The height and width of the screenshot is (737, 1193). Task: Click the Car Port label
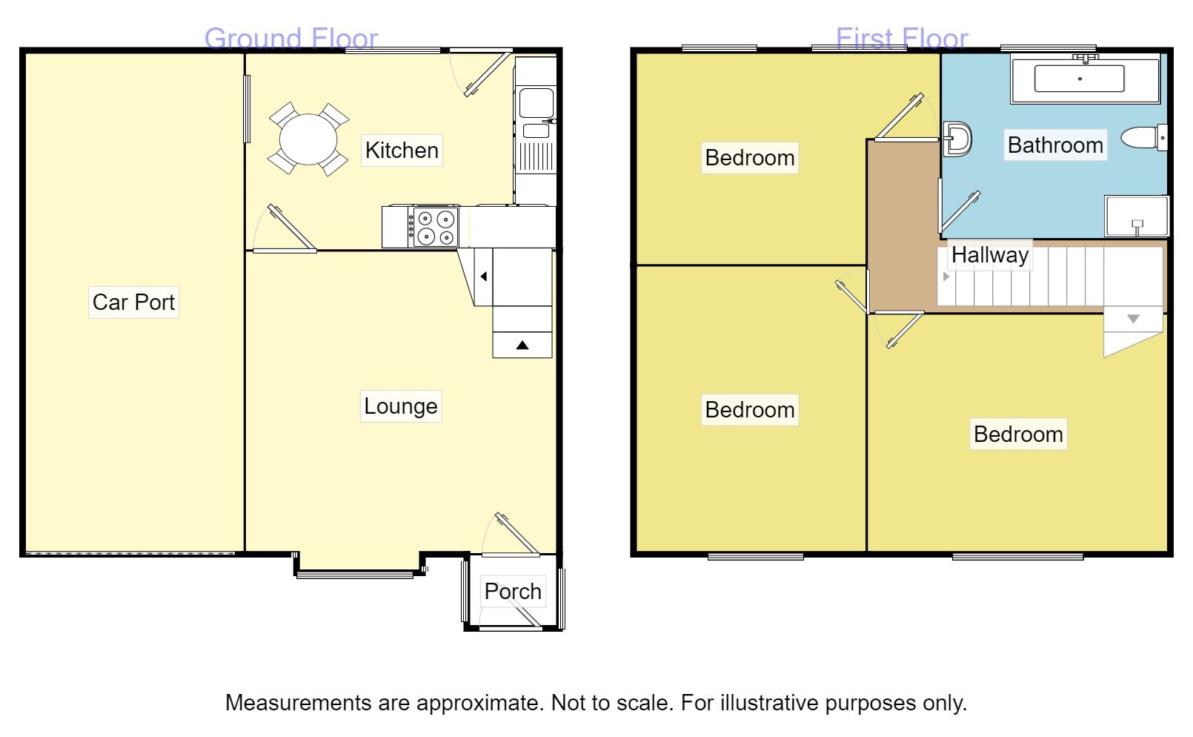coord(133,302)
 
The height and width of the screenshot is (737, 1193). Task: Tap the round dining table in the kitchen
coord(308,139)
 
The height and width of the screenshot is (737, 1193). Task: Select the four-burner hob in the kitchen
coord(434,227)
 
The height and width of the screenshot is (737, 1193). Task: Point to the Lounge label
coord(400,406)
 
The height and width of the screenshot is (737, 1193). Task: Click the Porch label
coord(513,591)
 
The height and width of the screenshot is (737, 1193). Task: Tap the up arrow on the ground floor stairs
coord(522,345)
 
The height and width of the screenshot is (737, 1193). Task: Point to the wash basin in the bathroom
coord(958,139)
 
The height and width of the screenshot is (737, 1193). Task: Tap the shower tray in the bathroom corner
coord(1136,216)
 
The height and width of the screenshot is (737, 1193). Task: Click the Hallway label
coord(990,255)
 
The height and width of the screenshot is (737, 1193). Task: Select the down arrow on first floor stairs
coord(1133,319)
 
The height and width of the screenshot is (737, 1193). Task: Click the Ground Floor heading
coord(291,38)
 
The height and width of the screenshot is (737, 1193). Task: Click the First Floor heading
coord(902,38)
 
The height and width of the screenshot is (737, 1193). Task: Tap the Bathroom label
coord(1055,145)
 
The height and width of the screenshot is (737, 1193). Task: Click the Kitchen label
coord(402,151)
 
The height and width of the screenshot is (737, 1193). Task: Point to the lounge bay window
coord(356,573)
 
